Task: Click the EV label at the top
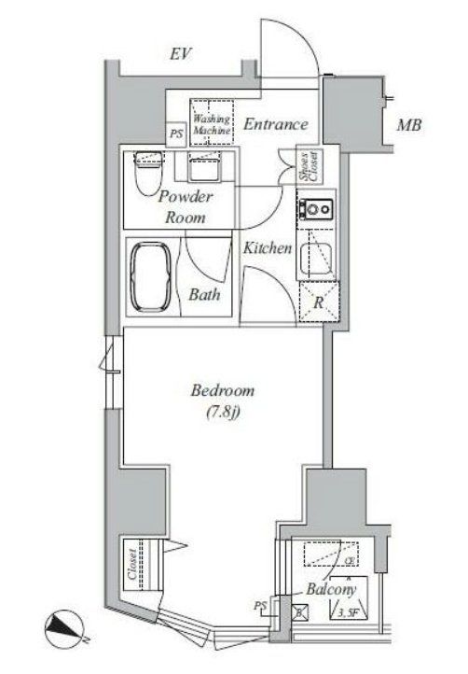click(180, 54)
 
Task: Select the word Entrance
click(275, 124)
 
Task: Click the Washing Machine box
click(212, 120)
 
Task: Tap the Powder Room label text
click(186, 206)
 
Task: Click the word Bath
click(205, 296)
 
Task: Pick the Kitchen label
click(268, 249)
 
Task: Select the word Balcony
click(328, 590)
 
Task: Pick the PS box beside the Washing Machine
click(176, 134)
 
